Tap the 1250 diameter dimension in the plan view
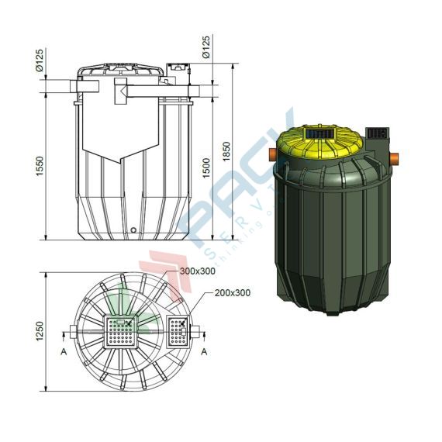39,333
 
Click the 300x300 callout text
197,272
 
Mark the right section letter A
204,350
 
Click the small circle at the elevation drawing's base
133,230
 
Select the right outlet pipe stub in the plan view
201,333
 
